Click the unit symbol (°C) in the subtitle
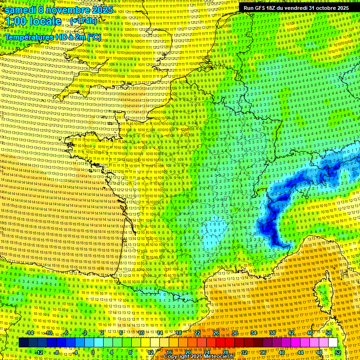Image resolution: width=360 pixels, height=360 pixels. coord(94,37)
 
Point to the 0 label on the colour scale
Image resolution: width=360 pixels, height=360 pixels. coord(93,352)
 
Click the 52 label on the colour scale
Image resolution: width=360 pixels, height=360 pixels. coord(338,352)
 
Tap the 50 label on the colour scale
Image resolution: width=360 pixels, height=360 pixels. coord(329,333)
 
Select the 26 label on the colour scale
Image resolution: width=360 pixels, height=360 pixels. coord(216,333)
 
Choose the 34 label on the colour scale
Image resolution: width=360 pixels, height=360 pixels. coord(254,333)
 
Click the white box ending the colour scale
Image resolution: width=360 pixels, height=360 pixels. coord(333,343)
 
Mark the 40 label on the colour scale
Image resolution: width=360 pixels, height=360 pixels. coord(282,352)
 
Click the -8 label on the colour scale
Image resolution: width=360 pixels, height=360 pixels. coord(56,352)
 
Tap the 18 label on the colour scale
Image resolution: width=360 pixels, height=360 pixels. coord(178,333)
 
